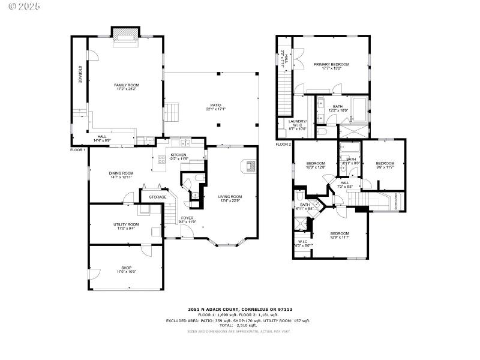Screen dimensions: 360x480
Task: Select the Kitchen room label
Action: point(178,157)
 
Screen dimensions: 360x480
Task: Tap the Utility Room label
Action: point(126,226)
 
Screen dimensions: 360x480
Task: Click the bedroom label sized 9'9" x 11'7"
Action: point(385,165)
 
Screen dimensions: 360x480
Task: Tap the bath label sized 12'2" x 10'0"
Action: point(338,109)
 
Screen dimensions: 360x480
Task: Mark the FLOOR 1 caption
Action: point(79,149)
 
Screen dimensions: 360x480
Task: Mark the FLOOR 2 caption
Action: point(283,145)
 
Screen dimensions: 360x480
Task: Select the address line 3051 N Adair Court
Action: point(239,309)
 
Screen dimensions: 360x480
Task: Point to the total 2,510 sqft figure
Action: point(239,325)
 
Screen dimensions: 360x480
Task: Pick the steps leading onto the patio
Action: point(172,111)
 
